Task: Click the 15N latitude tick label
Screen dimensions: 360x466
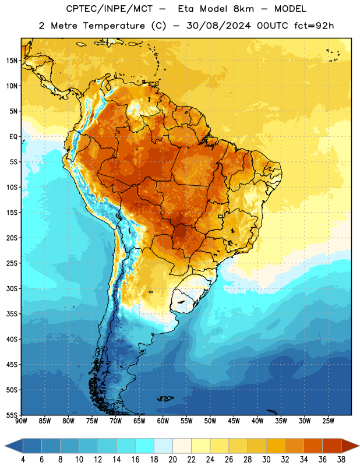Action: (12, 61)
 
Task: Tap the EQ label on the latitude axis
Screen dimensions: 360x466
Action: (13, 137)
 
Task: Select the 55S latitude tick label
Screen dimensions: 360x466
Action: (12, 415)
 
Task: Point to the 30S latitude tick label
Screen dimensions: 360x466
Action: (12, 288)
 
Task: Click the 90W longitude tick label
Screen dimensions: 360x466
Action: (21, 421)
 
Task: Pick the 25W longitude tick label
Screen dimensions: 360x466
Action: (328, 421)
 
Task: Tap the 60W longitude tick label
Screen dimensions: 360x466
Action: (163, 421)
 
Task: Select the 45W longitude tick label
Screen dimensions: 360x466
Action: (234, 421)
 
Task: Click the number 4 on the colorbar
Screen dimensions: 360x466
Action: (23, 460)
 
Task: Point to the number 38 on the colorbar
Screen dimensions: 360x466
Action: (341, 460)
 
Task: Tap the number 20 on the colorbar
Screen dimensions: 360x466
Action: (172, 460)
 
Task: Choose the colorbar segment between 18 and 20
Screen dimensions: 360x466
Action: (163, 446)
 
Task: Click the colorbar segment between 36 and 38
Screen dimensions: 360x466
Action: (332, 446)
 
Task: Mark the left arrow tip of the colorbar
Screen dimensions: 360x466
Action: (5, 446)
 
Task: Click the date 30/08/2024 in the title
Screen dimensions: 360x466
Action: (218, 26)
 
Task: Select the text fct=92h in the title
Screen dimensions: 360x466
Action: (314, 26)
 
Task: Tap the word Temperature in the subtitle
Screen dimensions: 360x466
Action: (114, 26)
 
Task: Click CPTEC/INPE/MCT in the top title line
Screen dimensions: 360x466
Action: (109, 9)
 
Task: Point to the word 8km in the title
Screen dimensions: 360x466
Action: (243, 9)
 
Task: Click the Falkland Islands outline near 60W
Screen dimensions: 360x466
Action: (165, 398)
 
